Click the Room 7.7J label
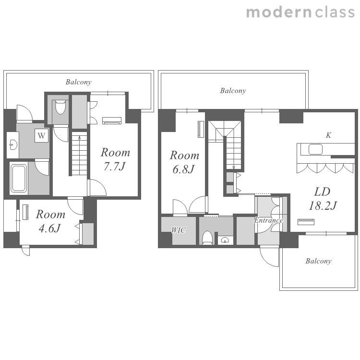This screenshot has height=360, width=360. (x=115, y=159)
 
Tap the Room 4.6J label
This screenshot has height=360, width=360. (x=50, y=221)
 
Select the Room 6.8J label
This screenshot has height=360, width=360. (x=184, y=162)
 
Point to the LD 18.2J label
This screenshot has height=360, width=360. (x=323, y=199)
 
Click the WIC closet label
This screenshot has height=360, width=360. (x=179, y=230)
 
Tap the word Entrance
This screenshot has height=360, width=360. (x=268, y=220)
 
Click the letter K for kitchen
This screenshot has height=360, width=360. (x=328, y=135)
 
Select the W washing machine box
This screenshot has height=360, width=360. (x=41, y=135)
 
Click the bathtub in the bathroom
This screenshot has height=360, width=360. (x=19, y=178)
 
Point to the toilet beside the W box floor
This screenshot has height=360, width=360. (x=60, y=107)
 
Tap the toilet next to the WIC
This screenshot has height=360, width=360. (x=207, y=238)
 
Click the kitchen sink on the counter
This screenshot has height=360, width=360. (x=315, y=149)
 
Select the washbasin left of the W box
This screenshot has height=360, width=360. (x=13, y=145)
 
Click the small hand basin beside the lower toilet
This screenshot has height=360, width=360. (x=225, y=240)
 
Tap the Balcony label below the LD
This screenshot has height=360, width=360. (x=318, y=261)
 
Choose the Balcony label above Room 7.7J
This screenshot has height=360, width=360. (x=79, y=82)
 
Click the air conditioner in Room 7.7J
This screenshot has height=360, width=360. (x=112, y=121)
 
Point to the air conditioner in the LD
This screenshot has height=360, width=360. (x=306, y=222)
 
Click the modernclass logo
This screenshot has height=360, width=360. (x=300, y=12)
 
